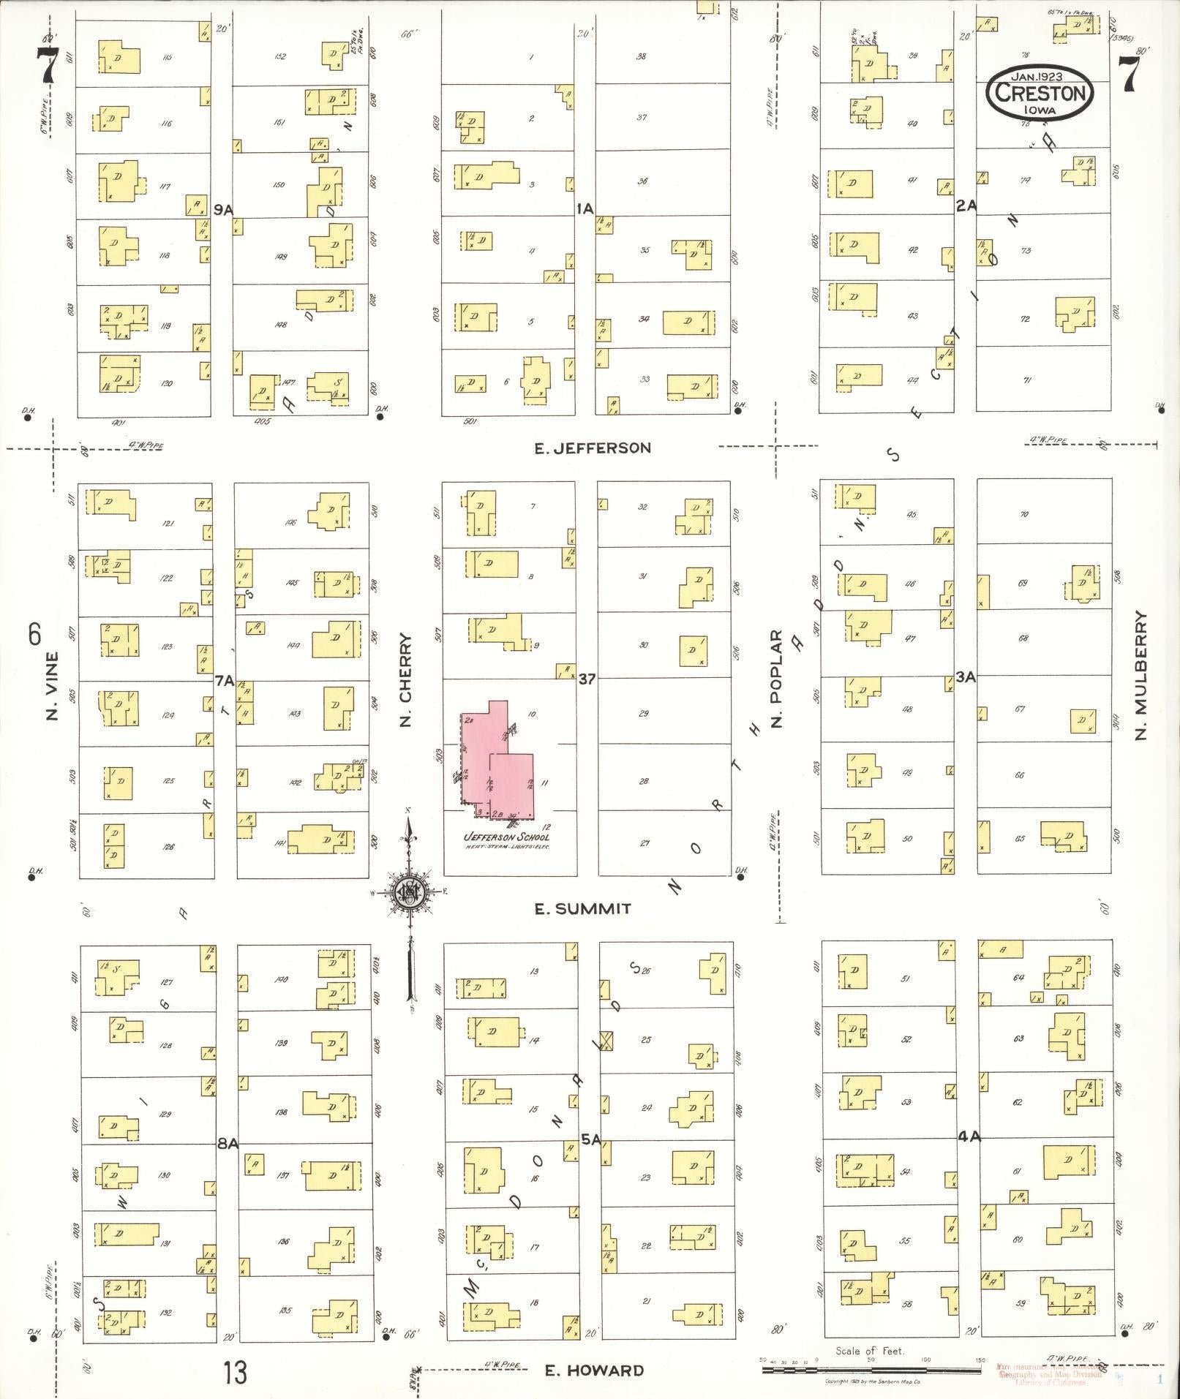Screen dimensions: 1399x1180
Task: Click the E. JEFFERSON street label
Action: (593, 448)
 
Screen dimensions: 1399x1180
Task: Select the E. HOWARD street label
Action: (594, 1370)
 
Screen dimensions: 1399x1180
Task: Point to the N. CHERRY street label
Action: (407, 680)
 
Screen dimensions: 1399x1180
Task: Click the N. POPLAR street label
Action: (777, 679)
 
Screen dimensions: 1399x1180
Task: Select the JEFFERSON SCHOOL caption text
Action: (506, 838)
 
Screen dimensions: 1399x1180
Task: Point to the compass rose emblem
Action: (410, 894)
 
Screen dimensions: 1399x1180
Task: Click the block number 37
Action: (587, 679)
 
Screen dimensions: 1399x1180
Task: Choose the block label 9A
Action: (223, 210)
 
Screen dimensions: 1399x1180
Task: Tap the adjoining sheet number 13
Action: (236, 1373)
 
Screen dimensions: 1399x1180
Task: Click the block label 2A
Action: (966, 206)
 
